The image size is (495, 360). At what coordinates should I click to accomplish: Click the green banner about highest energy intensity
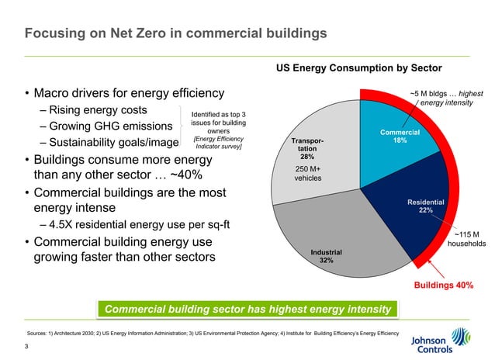(x=247, y=310)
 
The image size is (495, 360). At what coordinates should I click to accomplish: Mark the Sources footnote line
(x=213, y=332)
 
